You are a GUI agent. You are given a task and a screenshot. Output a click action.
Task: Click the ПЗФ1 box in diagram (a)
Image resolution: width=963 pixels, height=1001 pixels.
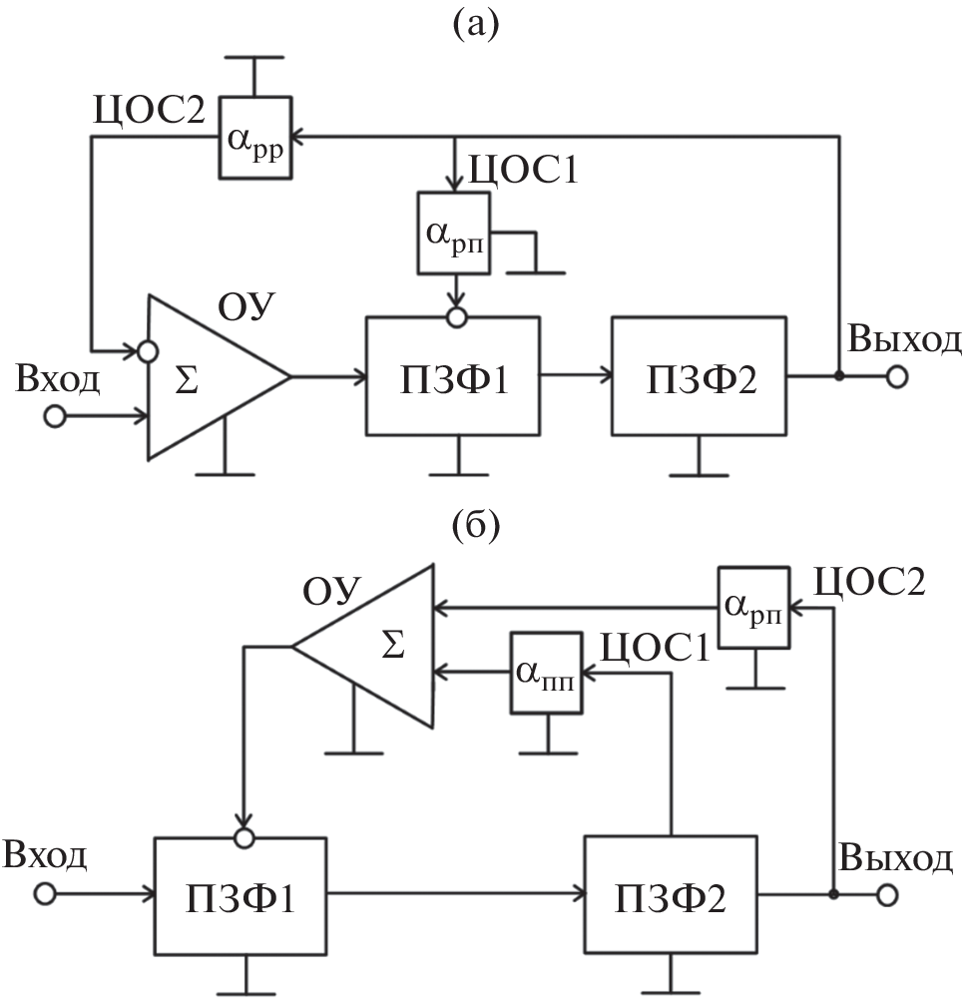(453, 376)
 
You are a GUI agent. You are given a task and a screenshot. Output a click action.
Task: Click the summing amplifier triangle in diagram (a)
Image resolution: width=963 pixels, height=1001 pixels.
(205, 377)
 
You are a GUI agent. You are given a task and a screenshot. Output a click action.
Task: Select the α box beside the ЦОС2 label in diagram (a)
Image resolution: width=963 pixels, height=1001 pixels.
(255, 139)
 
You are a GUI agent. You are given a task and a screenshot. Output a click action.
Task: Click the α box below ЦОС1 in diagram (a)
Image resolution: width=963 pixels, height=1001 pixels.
(456, 234)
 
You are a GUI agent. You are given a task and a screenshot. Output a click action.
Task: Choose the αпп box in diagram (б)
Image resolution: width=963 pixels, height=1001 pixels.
(546, 673)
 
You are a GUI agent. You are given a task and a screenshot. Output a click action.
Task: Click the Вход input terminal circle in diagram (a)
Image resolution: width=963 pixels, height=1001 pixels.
(54, 415)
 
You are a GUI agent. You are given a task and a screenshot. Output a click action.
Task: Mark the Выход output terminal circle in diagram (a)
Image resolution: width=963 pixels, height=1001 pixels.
(897, 377)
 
